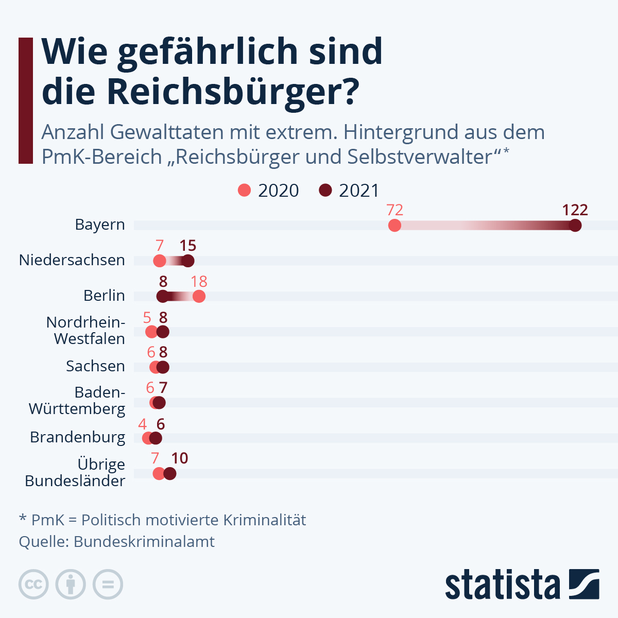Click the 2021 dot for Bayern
coord(575,226)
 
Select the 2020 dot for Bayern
coord(394,226)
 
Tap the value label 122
coord(575,210)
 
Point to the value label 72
coord(394,210)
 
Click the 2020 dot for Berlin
coord(199,296)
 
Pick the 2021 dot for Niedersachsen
coord(188,261)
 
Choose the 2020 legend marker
coord(244,190)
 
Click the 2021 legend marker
coord(325,190)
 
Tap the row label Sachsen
coord(95,366)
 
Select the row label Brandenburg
coord(77,437)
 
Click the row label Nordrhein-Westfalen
coord(86,331)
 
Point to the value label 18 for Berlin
coord(199,282)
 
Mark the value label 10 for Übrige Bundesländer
coord(179,458)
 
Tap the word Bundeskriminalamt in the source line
coord(144,542)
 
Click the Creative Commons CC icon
coord(33,585)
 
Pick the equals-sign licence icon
coord(108,585)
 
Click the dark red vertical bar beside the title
coord(26,100)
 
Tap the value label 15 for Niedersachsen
coord(188,246)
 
